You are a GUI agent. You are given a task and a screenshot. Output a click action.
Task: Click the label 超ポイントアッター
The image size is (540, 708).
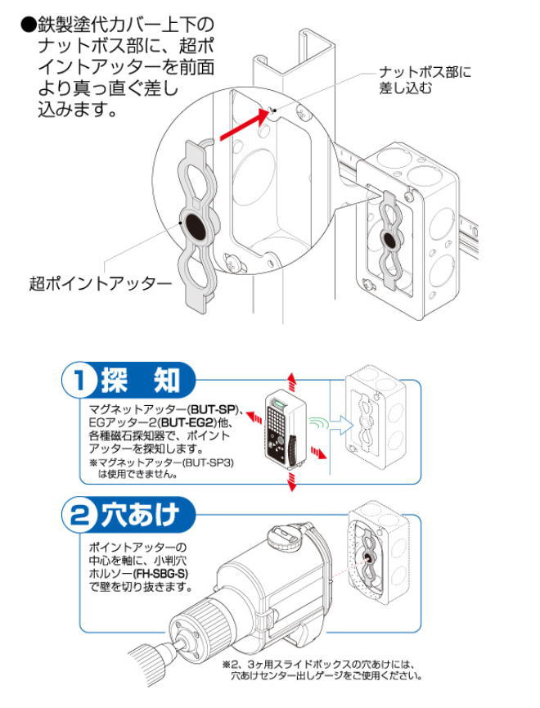(x=101, y=284)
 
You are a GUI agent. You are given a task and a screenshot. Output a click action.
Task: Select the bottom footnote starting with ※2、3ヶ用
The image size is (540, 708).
(x=323, y=670)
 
